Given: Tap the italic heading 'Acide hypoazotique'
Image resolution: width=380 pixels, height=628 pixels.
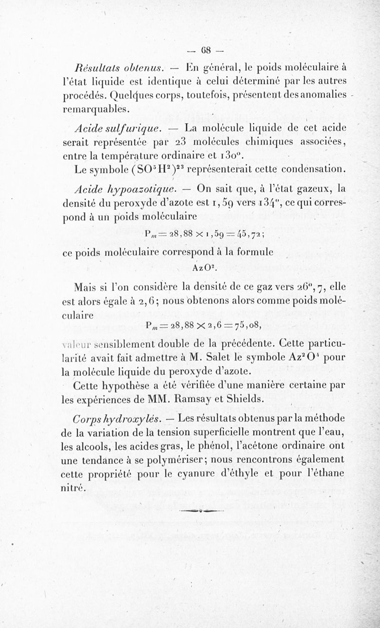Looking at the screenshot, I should coord(118,188).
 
